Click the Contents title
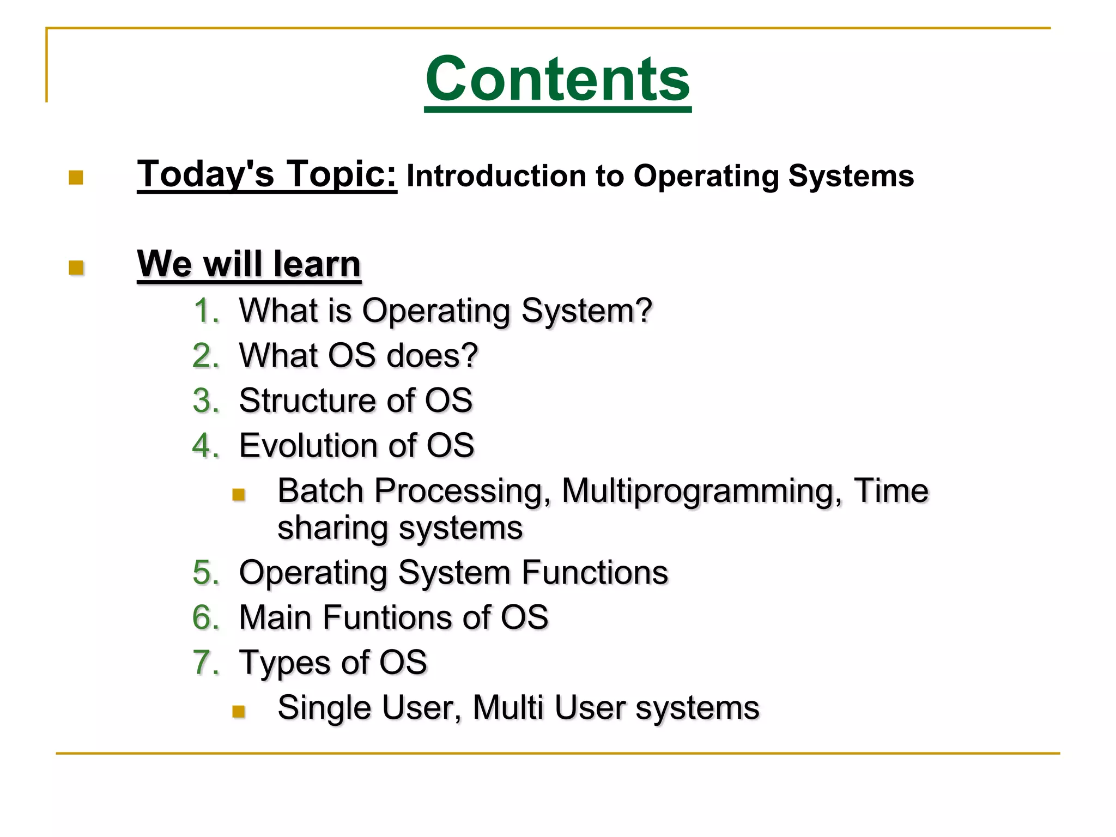click(x=557, y=80)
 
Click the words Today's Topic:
click(x=266, y=174)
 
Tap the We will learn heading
click(x=249, y=264)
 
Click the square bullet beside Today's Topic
click(x=76, y=178)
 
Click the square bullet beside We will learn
click(x=76, y=268)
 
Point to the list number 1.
click(x=206, y=311)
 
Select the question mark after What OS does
click(x=468, y=355)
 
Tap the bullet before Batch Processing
click(x=238, y=494)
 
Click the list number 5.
click(x=205, y=573)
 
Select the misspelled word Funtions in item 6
click(x=387, y=617)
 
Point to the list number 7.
click(x=205, y=663)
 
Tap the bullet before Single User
click(x=238, y=711)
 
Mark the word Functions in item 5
click(x=595, y=573)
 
